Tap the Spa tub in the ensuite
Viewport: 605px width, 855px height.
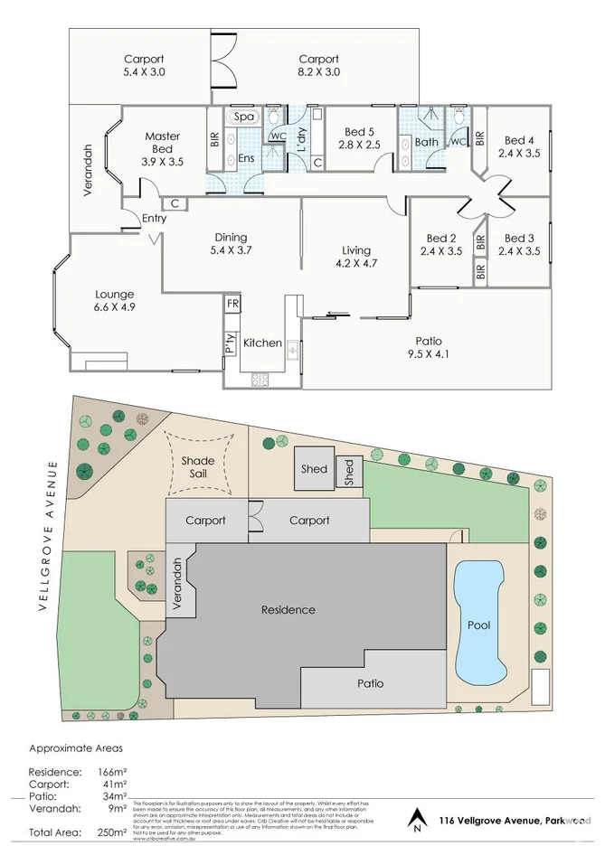pyautogui.click(x=244, y=117)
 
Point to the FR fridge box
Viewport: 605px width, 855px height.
pyautogui.click(x=232, y=304)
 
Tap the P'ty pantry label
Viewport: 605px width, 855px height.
pyautogui.click(x=231, y=343)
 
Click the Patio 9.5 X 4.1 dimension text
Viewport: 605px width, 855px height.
pyautogui.click(x=428, y=354)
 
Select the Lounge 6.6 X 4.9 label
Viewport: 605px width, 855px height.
pyautogui.click(x=114, y=301)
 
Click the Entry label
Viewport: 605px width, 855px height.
pyautogui.click(x=129, y=218)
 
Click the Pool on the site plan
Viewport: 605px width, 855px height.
pyautogui.click(x=478, y=624)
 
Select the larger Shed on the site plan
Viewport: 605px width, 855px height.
pyautogui.click(x=315, y=469)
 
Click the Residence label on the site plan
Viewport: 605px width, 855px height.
pyautogui.click(x=288, y=610)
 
